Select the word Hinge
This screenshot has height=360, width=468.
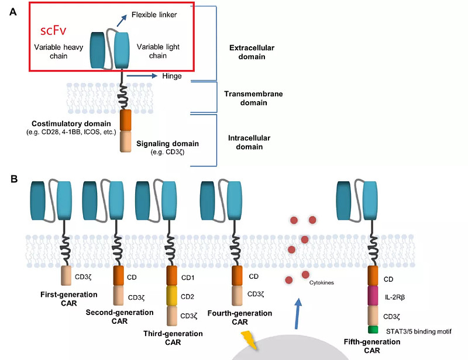pos(171,76)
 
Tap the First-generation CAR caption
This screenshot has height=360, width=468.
pos(68,297)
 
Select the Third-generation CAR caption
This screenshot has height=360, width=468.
pos(173,337)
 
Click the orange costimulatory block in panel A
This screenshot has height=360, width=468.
pos(126,121)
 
